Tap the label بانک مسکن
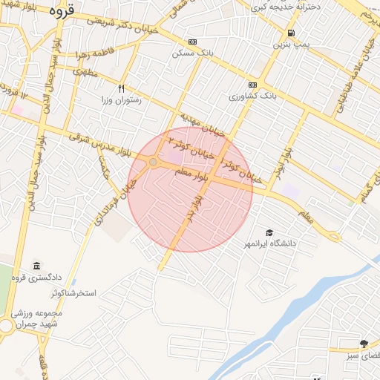(189, 53)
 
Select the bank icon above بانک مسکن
(193, 42)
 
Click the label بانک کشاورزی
(252, 96)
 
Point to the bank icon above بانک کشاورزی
(252, 85)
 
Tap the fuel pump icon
(290, 33)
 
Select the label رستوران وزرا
(125, 99)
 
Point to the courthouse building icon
(36, 266)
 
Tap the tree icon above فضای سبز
(364, 344)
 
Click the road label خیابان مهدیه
(194, 122)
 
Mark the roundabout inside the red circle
(153, 162)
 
